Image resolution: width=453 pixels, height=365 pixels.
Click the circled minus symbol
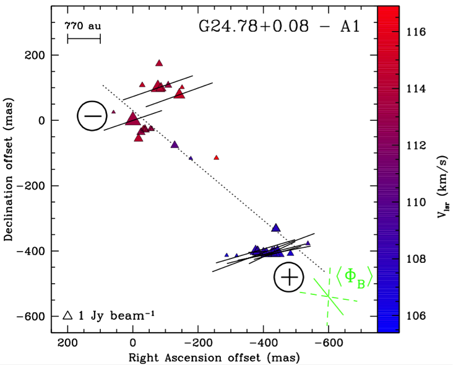[92, 116]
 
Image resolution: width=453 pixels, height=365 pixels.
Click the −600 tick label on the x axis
[329, 341]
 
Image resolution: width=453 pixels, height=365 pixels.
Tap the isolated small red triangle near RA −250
[217, 157]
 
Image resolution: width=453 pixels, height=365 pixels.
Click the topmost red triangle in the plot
[159, 63]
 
